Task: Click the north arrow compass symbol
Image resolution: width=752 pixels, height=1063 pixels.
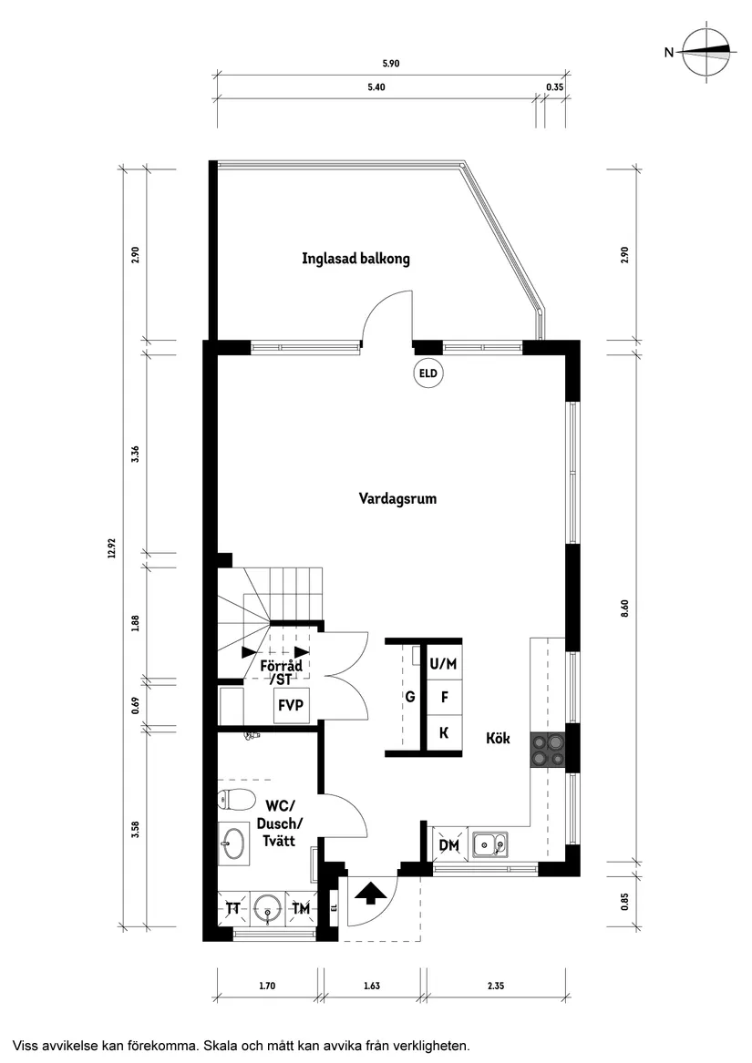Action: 708,53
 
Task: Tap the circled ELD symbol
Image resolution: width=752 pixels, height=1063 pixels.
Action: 428,373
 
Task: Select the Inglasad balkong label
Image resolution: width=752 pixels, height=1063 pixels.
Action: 355,259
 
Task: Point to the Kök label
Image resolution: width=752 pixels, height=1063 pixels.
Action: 499,740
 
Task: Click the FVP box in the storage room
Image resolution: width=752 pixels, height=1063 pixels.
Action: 292,705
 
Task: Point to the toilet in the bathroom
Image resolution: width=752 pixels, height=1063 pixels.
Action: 236,802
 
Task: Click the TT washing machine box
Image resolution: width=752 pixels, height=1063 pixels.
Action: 233,908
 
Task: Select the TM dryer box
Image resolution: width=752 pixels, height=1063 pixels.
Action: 300,908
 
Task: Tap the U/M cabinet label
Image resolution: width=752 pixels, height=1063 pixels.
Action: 444,664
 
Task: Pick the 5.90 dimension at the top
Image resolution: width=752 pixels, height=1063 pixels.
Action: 391,64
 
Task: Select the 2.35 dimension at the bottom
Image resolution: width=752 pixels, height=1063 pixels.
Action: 496,986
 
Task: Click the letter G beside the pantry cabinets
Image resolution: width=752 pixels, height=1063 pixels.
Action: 410,698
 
